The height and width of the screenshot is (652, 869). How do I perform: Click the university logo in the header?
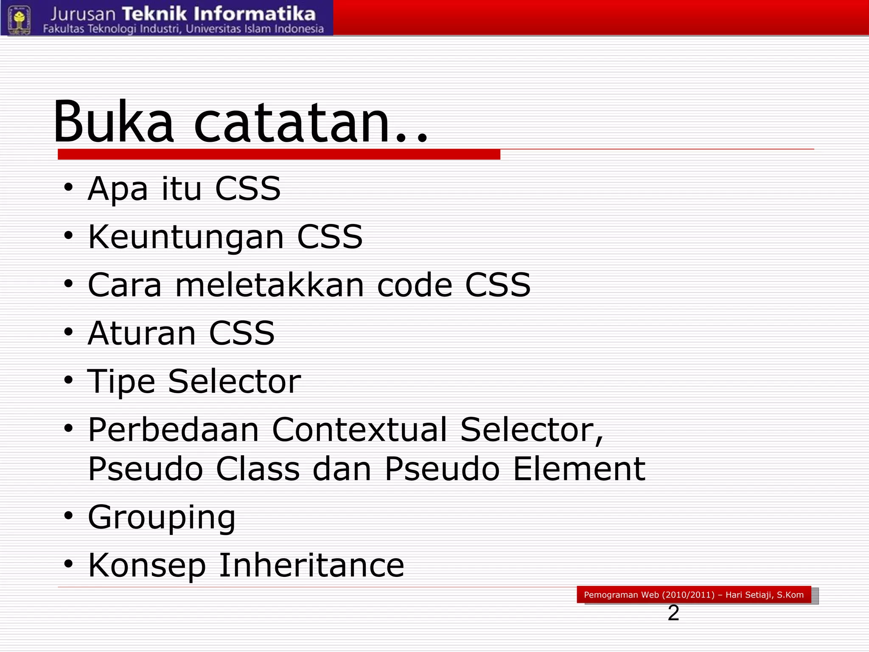[x=19, y=19]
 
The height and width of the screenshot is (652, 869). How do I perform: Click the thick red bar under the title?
[x=279, y=155]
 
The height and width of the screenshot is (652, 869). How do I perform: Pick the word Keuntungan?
[x=186, y=237]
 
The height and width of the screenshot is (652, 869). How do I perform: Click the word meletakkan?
[x=270, y=285]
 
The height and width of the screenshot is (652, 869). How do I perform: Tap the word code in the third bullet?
[x=415, y=285]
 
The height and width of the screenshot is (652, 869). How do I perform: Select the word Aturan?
[x=141, y=333]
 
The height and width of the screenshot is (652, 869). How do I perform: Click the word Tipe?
[x=121, y=382]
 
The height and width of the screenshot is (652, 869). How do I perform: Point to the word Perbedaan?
[x=173, y=430]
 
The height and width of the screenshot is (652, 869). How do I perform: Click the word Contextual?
[x=359, y=430]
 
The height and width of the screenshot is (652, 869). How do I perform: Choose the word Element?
[x=579, y=469]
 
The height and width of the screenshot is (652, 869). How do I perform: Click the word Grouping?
[x=161, y=517]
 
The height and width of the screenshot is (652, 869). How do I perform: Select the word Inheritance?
[x=311, y=565]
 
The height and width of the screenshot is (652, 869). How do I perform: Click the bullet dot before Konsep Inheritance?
[x=69, y=564]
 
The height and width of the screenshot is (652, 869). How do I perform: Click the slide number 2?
[x=673, y=613]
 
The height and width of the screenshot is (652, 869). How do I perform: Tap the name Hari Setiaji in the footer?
[x=749, y=595]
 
